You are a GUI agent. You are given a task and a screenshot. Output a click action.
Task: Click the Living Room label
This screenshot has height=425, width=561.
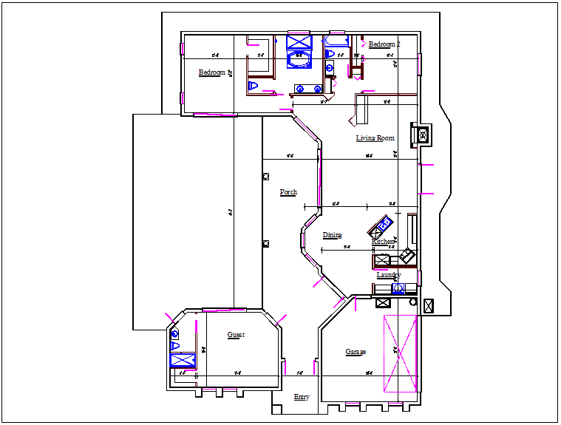[375, 138]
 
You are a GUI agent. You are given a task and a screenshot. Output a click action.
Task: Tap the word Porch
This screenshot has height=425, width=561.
[288, 192]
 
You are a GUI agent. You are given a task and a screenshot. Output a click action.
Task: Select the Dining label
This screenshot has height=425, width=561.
[332, 236]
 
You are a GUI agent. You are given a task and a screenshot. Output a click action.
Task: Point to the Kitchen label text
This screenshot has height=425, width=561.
[383, 242]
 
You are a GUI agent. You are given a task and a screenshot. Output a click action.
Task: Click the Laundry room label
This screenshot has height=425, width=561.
[388, 275]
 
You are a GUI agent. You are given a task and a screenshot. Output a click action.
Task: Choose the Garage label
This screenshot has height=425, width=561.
[356, 352]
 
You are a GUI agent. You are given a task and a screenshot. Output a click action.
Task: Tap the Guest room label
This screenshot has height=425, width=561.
[236, 335]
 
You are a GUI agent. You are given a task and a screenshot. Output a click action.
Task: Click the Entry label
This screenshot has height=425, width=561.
[302, 398]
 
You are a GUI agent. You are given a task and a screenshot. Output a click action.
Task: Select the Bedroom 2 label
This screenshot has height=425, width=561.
[384, 44]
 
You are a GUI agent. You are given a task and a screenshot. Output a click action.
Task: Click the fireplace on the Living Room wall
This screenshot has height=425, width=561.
[422, 135]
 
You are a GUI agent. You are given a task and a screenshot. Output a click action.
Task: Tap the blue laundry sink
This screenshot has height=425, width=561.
[398, 288]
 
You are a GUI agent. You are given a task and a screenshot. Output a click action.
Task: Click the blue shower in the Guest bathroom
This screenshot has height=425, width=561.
[181, 360]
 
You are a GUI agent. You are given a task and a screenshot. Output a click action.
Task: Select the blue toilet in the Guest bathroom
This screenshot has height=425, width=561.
[175, 345]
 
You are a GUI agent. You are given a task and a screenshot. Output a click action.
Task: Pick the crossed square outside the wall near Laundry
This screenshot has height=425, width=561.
[429, 304]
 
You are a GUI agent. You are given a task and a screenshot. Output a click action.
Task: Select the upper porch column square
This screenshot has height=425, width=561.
[266, 176]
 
